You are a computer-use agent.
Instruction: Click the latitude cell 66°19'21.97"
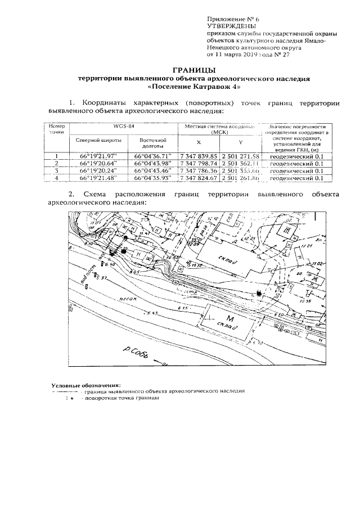click(x=97, y=156)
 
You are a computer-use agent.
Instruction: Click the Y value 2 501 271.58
click(x=240, y=156)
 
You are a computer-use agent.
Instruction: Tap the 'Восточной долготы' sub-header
click(x=150, y=143)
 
